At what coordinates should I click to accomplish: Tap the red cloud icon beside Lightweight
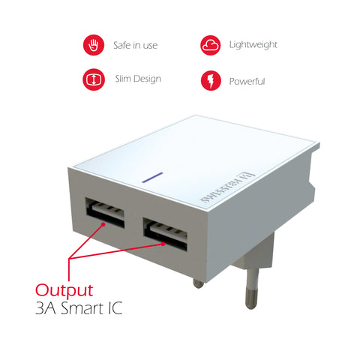[x=211, y=46]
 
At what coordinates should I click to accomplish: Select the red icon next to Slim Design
[x=93, y=79]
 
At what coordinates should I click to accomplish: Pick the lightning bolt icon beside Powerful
[x=211, y=79]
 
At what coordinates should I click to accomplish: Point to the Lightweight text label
[x=253, y=45]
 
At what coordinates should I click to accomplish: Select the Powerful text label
[x=247, y=80]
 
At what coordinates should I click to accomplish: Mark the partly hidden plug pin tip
[x=197, y=283]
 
